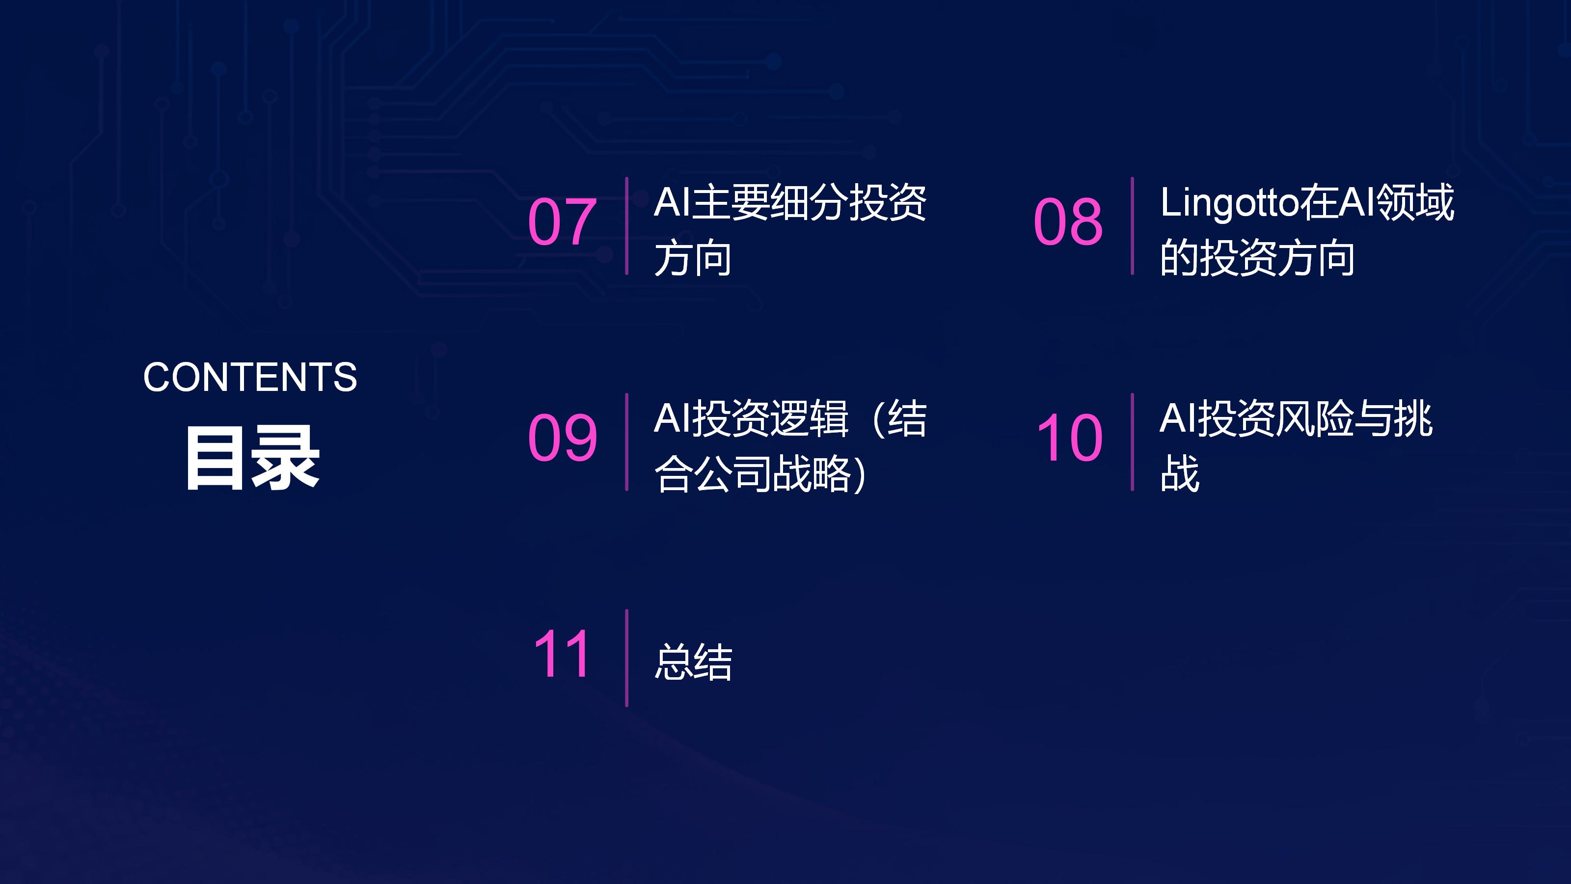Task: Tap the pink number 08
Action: pyautogui.click(x=1068, y=221)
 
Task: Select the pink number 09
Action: pyautogui.click(x=562, y=438)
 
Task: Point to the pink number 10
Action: pyautogui.click(x=1070, y=438)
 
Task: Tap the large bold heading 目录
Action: pyautogui.click(x=252, y=458)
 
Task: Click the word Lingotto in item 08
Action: pyautogui.click(x=1229, y=204)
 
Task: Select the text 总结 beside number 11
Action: pyautogui.click(x=693, y=662)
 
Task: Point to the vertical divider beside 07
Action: pyautogui.click(x=626, y=226)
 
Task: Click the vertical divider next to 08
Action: pyautogui.click(x=1133, y=226)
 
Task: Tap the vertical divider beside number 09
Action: pyautogui.click(x=626, y=442)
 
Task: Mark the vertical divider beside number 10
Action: pyautogui.click(x=1133, y=442)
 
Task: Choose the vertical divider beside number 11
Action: pyautogui.click(x=626, y=658)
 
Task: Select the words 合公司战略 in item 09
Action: pyautogui.click(x=752, y=473)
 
